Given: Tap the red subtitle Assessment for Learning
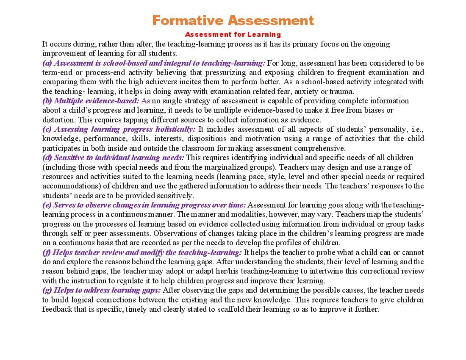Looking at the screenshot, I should (x=233, y=34).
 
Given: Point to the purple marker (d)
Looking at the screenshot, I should (x=47, y=158).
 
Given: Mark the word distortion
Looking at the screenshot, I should (x=58, y=120).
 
